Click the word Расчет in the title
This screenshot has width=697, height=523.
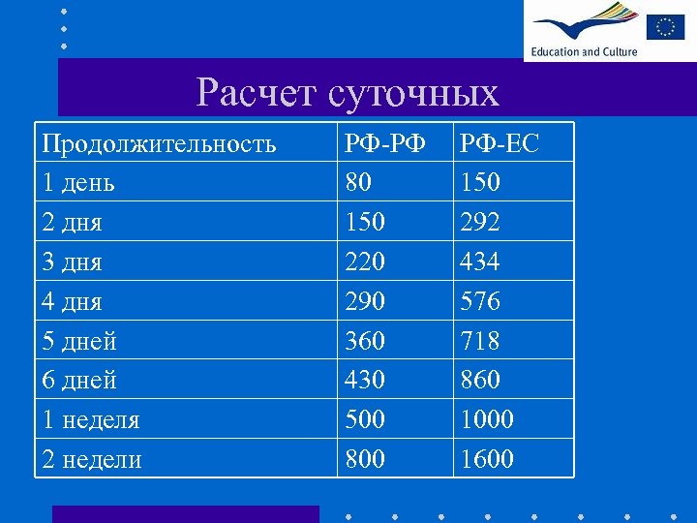(255, 93)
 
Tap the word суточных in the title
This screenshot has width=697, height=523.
(413, 93)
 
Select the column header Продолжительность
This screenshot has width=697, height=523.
(159, 143)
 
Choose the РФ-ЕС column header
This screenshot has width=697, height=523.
(500, 143)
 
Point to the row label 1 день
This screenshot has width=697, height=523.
(78, 182)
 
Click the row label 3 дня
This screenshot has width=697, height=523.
(72, 261)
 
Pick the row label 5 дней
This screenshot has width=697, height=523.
(78, 341)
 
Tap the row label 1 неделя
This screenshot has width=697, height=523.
(91, 419)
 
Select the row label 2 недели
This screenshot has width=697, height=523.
(91, 459)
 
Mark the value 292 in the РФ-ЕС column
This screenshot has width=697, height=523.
(480, 222)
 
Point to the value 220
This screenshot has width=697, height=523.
(365, 261)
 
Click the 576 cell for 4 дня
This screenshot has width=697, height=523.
(480, 301)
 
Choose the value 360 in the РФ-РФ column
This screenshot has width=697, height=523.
(365, 341)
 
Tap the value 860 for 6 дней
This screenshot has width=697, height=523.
(480, 380)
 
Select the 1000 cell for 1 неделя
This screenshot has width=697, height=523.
(487, 419)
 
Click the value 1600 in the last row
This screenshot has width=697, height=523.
(487, 459)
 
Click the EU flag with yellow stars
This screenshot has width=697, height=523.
(666, 26)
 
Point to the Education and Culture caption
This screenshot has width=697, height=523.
(584, 51)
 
